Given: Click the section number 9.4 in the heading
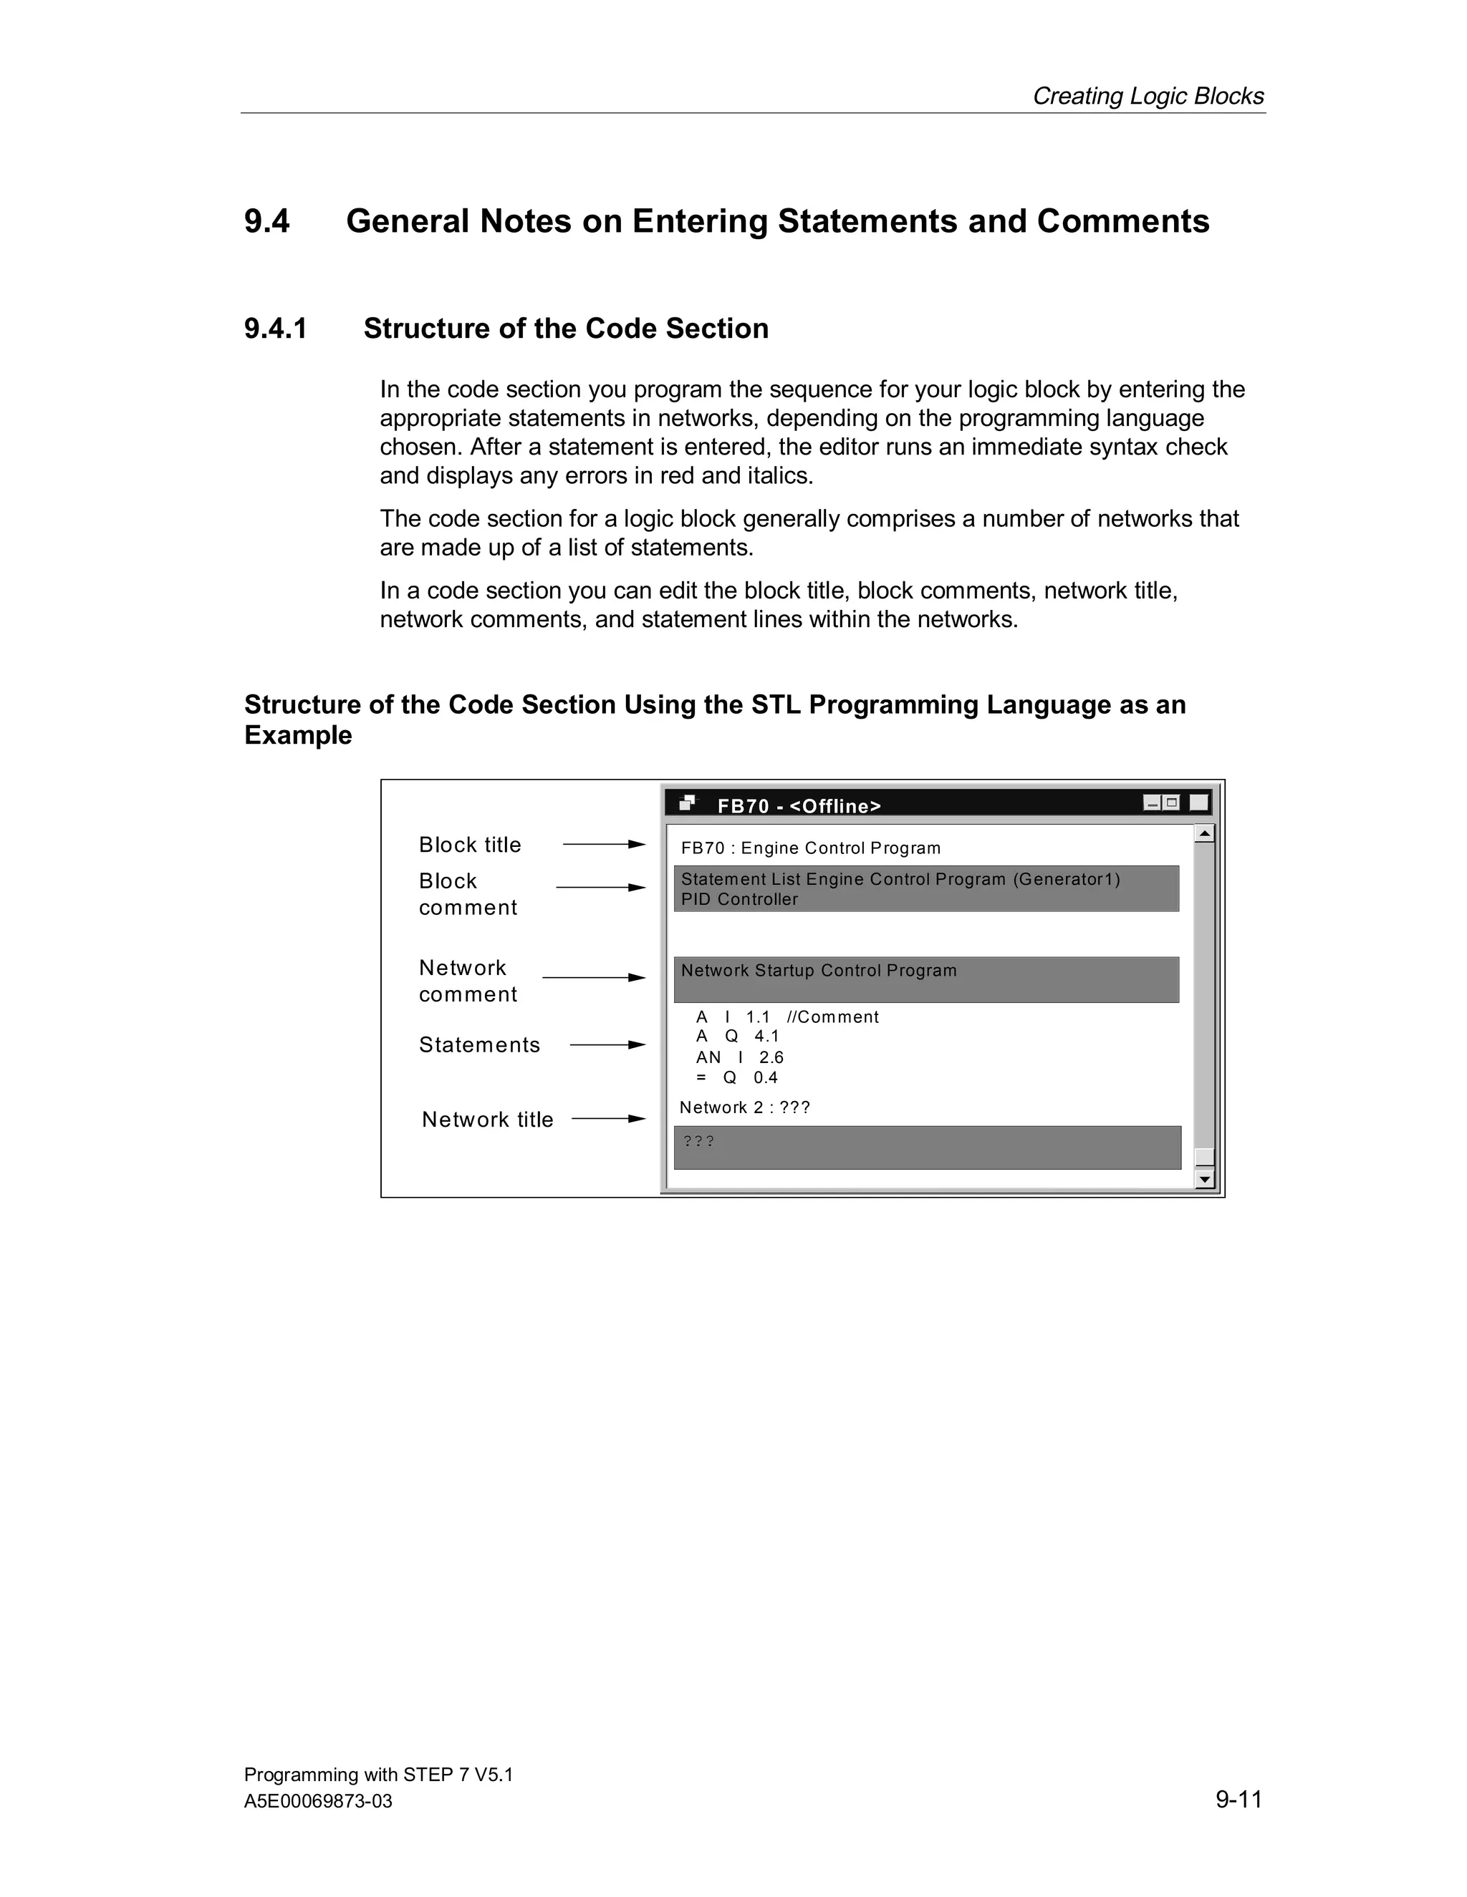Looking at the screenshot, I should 266,221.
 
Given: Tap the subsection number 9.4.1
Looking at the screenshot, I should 276,329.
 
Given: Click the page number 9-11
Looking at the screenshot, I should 1238,1799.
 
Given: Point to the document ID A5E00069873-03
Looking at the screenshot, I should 318,1802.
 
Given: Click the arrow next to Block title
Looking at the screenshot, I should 603,844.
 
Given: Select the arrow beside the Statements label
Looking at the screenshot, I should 607,1045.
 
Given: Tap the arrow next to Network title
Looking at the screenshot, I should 608,1119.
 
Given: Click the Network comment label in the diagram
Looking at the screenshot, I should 468,981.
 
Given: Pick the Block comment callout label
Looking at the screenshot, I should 468,894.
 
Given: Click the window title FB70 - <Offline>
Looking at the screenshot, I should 799,806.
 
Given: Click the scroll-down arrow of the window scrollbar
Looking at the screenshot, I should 1203,1180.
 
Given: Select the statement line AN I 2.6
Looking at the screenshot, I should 739,1057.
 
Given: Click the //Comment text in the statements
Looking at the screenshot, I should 832,1017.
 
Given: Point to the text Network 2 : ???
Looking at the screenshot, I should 745,1107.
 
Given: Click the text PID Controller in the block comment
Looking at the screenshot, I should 739,900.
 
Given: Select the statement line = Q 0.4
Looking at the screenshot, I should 737,1078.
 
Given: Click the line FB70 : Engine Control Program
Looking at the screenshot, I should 811,848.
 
